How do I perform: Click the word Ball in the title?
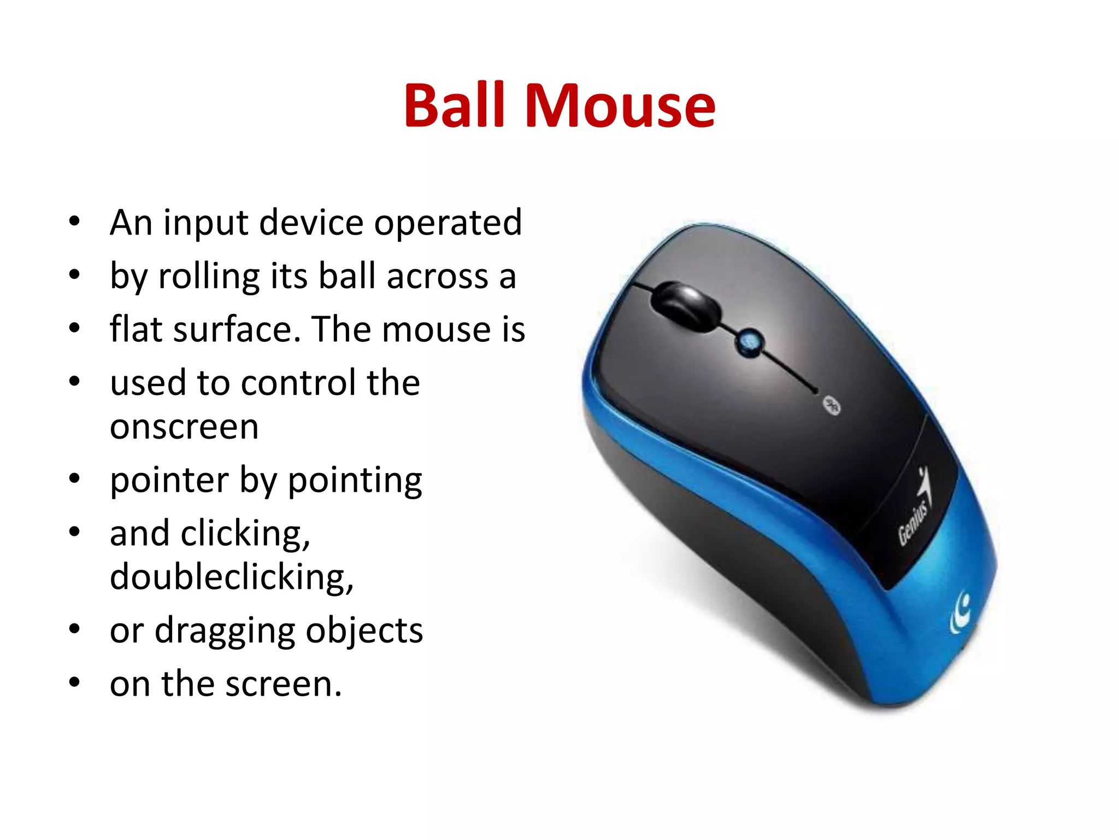(454, 105)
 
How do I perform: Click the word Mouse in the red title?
(619, 105)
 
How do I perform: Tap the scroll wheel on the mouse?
(686, 307)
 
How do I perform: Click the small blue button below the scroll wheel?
(748, 342)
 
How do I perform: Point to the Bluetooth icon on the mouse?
(832, 405)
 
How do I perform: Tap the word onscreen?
(184, 427)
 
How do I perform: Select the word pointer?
(169, 480)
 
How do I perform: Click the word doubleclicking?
(232, 577)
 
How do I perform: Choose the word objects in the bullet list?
(364, 631)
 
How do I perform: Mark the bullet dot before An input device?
(75, 222)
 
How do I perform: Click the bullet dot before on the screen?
(75, 683)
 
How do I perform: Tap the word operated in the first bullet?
(448, 223)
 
